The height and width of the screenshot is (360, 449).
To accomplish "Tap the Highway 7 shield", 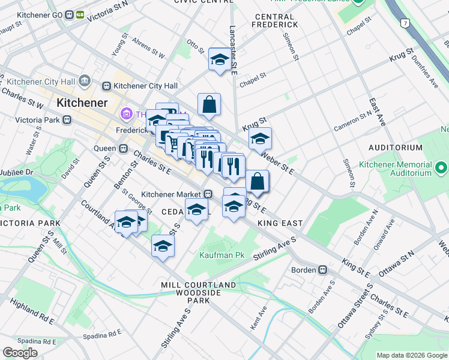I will [405, 23].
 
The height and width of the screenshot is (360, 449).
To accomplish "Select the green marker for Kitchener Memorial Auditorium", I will [441, 167].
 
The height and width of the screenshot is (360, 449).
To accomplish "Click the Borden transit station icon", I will [322, 270].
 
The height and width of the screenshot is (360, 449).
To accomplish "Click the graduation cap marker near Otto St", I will [220, 59].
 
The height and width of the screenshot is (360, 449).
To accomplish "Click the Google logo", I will [20, 353].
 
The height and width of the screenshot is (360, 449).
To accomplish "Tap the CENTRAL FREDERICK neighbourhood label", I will [275, 20].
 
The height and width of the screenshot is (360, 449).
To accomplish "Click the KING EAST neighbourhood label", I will [279, 223].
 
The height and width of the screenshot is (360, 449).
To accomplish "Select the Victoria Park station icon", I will [67, 119].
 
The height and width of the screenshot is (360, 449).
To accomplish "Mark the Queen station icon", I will [122, 148].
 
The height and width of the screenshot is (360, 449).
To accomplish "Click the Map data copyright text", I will [412, 355].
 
